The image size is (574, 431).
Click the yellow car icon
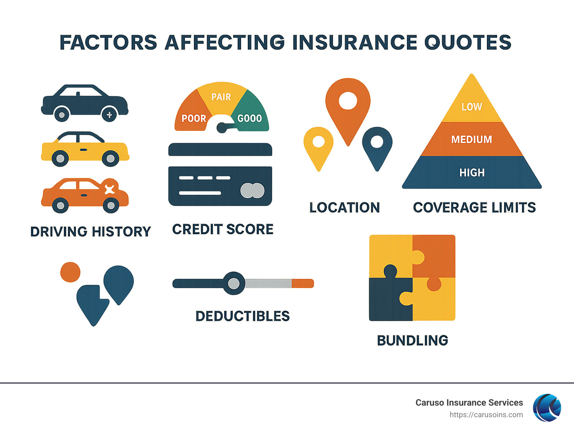point(85,149)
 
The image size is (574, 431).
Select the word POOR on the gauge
point(194,119)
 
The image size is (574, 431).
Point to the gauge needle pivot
point(221,128)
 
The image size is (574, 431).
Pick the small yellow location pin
point(318,146)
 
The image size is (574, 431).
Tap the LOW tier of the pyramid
point(472,107)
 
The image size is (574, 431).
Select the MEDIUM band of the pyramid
point(472,139)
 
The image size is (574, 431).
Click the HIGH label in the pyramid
point(472,173)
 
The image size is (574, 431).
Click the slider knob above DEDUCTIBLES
point(234,283)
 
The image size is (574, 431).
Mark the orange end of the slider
point(303,283)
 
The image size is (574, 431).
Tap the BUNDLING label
point(413,341)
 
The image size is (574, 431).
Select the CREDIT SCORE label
point(223,229)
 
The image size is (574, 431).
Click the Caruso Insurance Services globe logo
point(547,408)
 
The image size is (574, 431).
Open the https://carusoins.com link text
point(486,415)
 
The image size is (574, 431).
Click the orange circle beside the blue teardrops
point(70,272)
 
